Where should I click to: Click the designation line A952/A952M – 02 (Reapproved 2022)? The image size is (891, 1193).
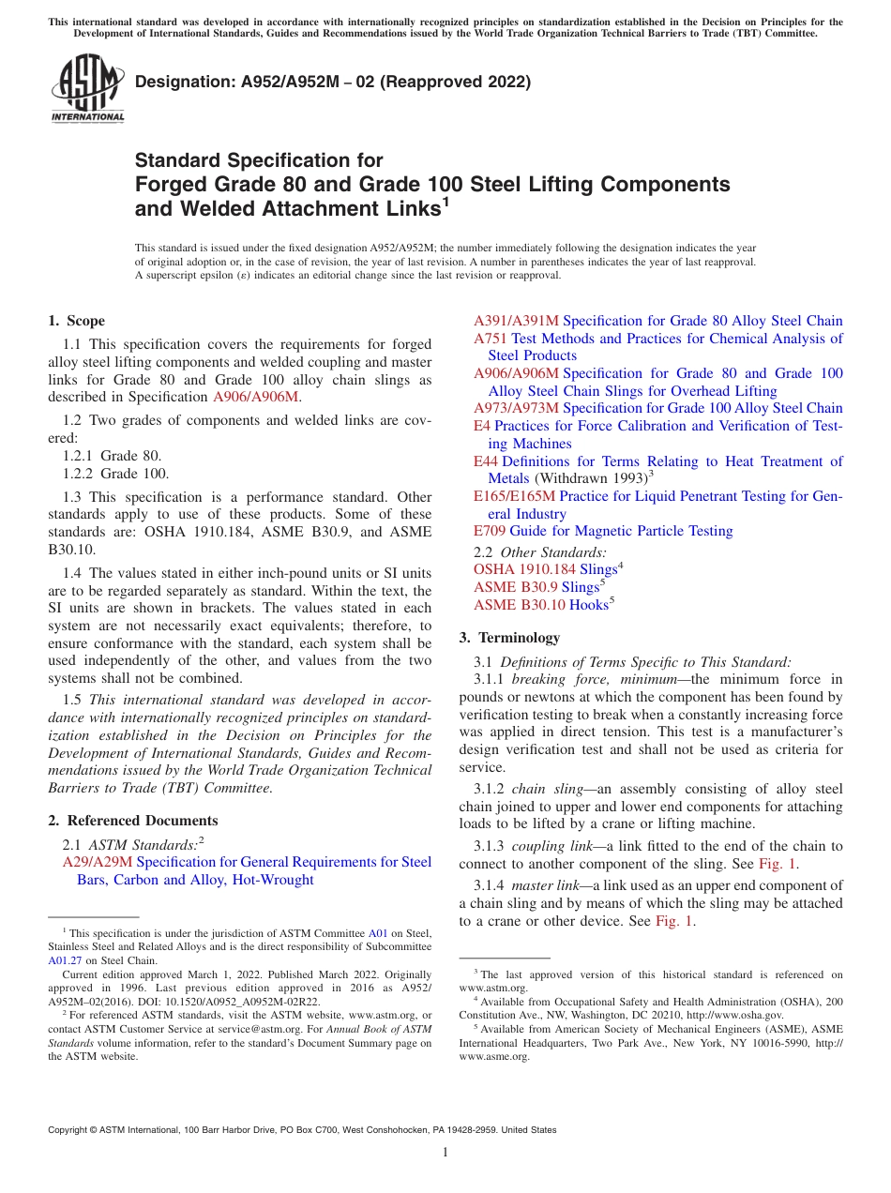333,82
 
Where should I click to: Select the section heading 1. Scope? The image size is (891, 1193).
77,321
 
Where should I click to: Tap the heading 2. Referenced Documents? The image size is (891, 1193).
133,821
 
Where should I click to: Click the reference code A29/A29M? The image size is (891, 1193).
98,862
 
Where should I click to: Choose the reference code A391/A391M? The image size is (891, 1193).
516,321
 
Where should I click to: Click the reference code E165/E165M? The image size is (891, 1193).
514,496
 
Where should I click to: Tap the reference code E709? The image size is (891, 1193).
490,531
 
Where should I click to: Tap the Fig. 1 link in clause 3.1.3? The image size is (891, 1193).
778,864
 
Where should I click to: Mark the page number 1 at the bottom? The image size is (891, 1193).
445,1153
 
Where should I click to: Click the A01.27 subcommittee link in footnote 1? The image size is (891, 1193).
63,960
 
